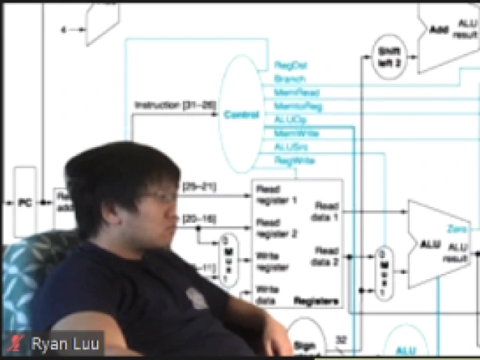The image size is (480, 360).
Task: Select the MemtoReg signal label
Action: click(x=298, y=106)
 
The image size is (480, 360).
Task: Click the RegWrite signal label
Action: click(x=294, y=160)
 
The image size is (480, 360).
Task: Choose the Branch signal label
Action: click(x=289, y=79)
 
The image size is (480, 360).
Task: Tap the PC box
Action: click(x=25, y=202)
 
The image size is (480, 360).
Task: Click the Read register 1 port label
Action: click(x=276, y=195)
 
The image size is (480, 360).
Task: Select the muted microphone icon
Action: click(x=14, y=344)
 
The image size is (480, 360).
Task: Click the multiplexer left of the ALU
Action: click(x=383, y=271)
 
